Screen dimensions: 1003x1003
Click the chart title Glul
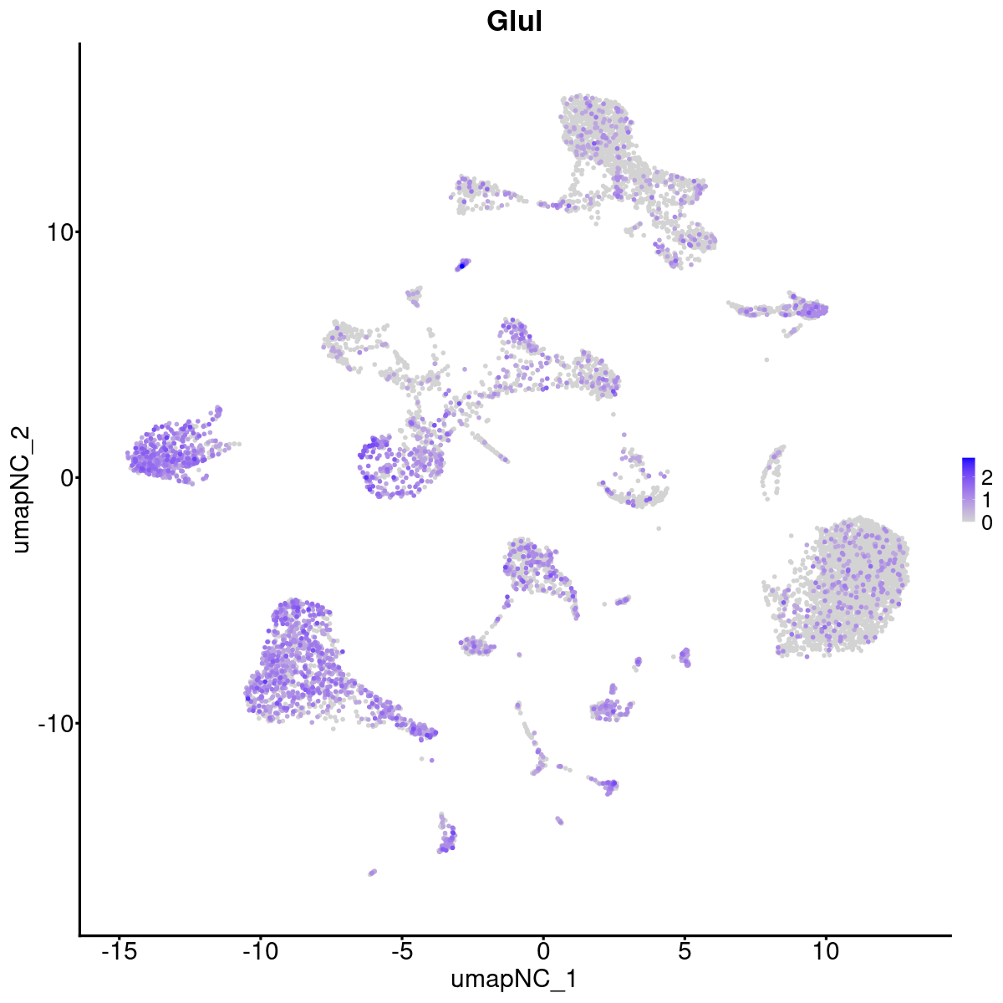514,23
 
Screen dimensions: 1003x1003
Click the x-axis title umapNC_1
514,979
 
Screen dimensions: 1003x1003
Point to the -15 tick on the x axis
119,951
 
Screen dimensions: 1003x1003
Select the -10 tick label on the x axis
260,951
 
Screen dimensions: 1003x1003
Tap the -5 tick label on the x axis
401,951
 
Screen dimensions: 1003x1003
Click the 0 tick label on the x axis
543,951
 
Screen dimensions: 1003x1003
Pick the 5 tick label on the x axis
685,951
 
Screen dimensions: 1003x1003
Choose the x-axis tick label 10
826,951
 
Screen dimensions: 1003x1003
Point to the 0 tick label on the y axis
64,477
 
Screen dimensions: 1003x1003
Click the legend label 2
986,477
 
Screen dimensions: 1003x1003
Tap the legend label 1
986,500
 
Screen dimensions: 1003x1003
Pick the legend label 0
986,522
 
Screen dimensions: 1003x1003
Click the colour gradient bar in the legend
969,490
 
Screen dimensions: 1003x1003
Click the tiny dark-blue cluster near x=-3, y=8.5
462,265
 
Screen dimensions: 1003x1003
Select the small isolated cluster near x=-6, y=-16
372,872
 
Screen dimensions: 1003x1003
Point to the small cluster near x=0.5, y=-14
558,821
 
